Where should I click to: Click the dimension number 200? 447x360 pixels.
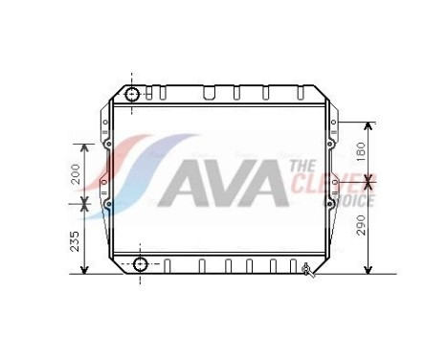(74, 173)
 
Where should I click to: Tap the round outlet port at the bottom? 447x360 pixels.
(141, 264)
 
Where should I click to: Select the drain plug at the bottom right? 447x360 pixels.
(306, 269)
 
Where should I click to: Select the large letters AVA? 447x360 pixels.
(221, 184)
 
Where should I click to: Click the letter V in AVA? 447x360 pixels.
(221, 184)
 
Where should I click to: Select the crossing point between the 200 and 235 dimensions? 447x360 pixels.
(85, 202)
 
